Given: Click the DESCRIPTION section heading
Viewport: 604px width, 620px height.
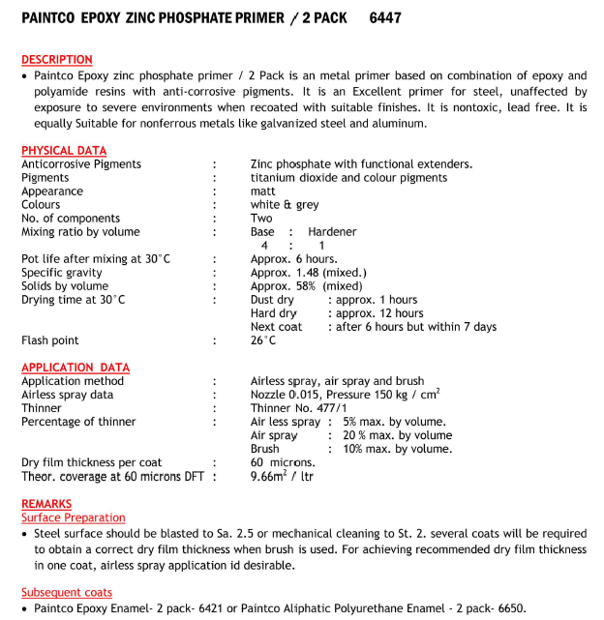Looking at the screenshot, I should (57, 60).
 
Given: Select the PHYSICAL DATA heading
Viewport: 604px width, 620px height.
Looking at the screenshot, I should (64, 151).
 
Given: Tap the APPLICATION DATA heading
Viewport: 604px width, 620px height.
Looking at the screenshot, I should (75, 368).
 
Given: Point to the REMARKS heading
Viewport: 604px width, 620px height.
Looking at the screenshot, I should (46, 504).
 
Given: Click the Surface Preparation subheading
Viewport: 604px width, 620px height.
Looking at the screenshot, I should (74, 517).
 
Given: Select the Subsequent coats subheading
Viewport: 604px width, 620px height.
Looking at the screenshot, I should (67, 592).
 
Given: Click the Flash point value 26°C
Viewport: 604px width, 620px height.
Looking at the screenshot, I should (263, 340).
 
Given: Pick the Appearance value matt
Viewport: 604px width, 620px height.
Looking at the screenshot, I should (262, 192).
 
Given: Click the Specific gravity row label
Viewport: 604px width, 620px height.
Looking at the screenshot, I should (62, 273).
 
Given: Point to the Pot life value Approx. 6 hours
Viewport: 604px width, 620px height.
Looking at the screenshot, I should (293, 259).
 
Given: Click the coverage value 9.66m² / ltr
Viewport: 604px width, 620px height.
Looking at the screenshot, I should (283, 476).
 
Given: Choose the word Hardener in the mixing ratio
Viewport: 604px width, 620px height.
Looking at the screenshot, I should (332, 232).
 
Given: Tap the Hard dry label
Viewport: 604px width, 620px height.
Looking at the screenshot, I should (274, 313).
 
